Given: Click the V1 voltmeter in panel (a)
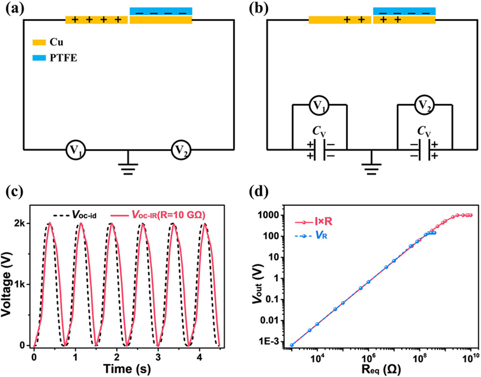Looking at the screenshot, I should [x=75, y=150].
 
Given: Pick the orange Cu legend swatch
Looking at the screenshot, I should [x=40, y=43].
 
